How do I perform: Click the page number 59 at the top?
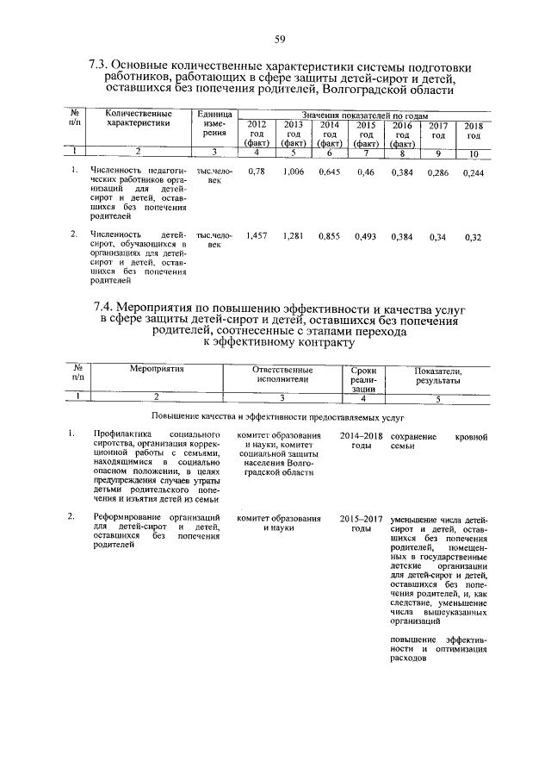coord(280,38)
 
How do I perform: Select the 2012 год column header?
coord(257,134)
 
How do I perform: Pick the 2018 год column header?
coord(474,130)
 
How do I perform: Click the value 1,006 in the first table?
coord(294,172)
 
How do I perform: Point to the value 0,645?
coord(330,172)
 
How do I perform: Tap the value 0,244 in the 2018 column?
coord(474,172)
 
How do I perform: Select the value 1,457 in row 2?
coord(257,234)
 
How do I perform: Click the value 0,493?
coord(366,234)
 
